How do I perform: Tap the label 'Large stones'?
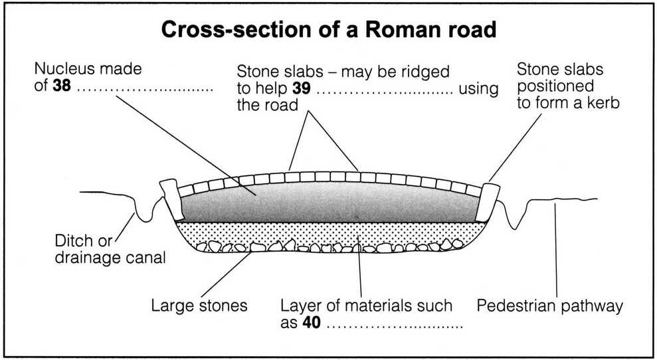pos(199,307)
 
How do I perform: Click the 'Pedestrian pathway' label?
pos(551,307)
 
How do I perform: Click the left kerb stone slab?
pos(172,198)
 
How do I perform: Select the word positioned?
pos(555,86)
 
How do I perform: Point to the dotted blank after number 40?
pos(395,325)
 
